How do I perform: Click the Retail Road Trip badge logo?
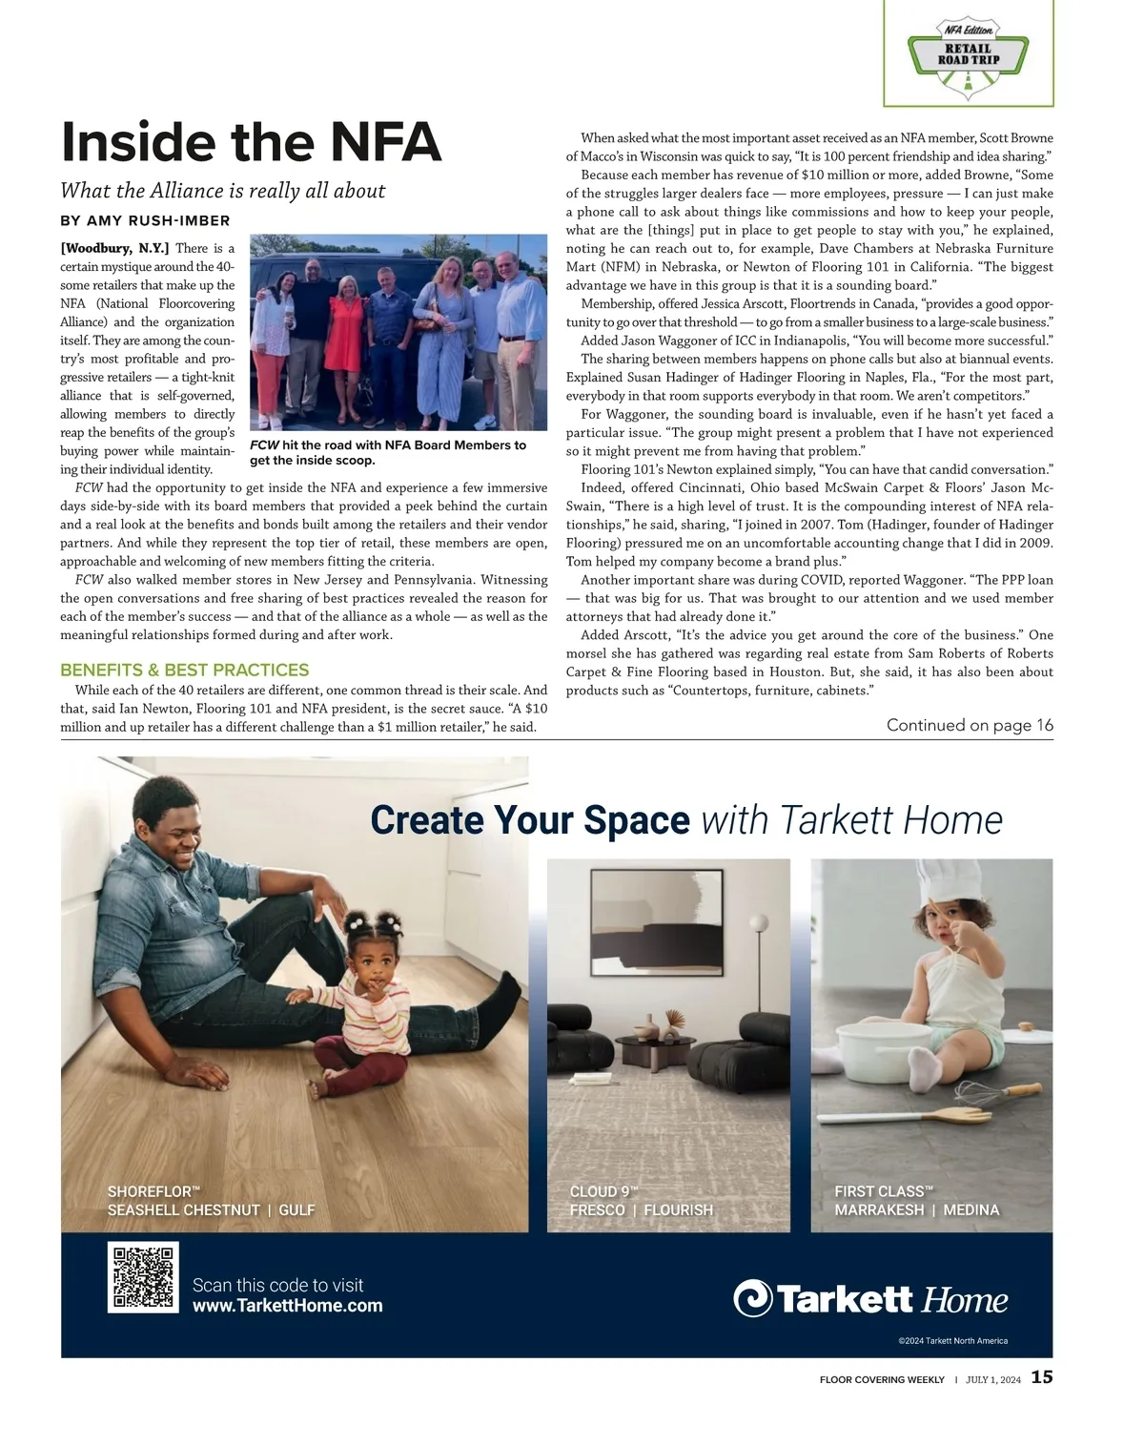tap(968, 53)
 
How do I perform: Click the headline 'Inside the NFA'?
tap(251, 142)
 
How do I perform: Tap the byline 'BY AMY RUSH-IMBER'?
tap(145, 221)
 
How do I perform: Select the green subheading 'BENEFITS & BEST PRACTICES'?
tap(184, 670)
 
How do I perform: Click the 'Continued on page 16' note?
tap(970, 725)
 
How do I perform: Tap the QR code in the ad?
tap(143, 1277)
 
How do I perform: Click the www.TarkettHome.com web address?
tap(287, 1307)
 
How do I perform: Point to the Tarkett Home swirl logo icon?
tap(752, 1298)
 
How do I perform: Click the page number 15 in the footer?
tap(1042, 1377)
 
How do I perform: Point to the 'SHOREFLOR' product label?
tap(153, 1191)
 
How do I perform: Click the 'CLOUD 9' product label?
tap(603, 1191)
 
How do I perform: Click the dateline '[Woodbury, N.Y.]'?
tap(114, 248)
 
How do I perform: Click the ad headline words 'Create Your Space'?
tap(529, 820)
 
